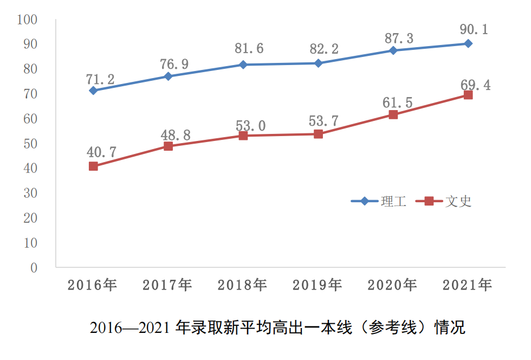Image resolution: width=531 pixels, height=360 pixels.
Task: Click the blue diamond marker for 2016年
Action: [x=93, y=91]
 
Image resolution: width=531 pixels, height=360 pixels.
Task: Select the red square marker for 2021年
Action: [x=468, y=95]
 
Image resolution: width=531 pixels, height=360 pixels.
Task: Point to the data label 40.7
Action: [x=101, y=152]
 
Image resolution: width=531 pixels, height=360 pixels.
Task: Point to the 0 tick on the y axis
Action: [x=34, y=268]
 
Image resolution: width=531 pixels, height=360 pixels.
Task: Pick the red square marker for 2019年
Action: [x=318, y=134]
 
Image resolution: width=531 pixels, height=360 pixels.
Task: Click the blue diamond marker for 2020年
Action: [x=393, y=50]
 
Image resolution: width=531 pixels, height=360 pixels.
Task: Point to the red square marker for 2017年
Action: [x=168, y=146]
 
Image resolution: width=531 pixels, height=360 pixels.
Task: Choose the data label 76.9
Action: [x=174, y=63]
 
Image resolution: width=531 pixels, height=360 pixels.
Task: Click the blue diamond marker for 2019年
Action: [x=318, y=63]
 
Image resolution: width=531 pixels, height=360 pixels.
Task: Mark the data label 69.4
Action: [x=475, y=85]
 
